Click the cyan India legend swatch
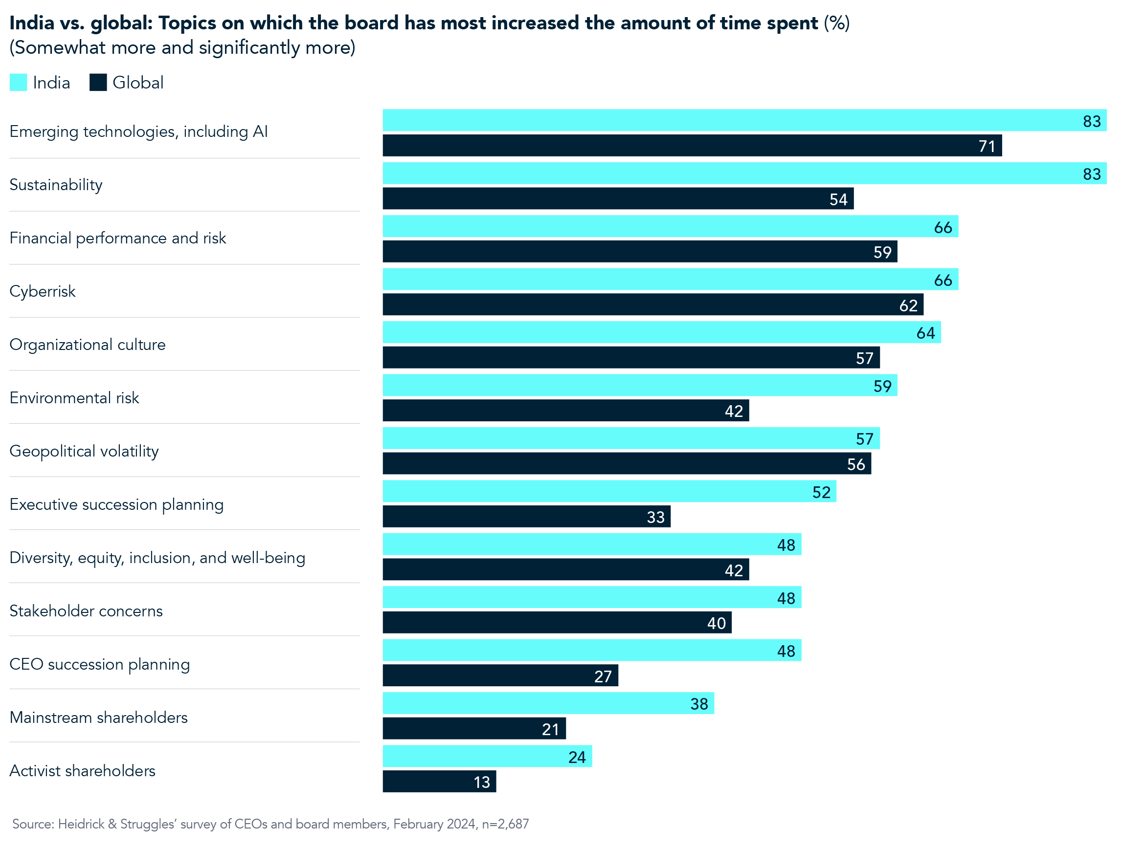(x=18, y=83)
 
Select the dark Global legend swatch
(x=98, y=83)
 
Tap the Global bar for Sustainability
(x=618, y=198)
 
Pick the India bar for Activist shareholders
(x=487, y=756)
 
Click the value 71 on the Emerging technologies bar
(x=987, y=146)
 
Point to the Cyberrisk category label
(x=43, y=291)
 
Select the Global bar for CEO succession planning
(x=500, y=676)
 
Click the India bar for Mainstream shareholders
(x=548, y=703)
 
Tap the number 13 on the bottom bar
(x=482, y=782)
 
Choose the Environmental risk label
(x=74, y=398)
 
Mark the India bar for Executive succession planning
(x=609, y=491)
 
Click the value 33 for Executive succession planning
(x=655, y=517)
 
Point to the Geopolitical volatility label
(x=84, y=451)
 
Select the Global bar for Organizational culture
(x=631, y=357)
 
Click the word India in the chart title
(x=31, y=23)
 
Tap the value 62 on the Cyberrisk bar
(x=908, y=305)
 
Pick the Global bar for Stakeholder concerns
(x=557, y=622)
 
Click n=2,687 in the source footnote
(x=505, y=824)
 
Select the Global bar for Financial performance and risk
(x=640, y=251)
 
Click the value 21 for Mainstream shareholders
(x=550, y=729)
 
